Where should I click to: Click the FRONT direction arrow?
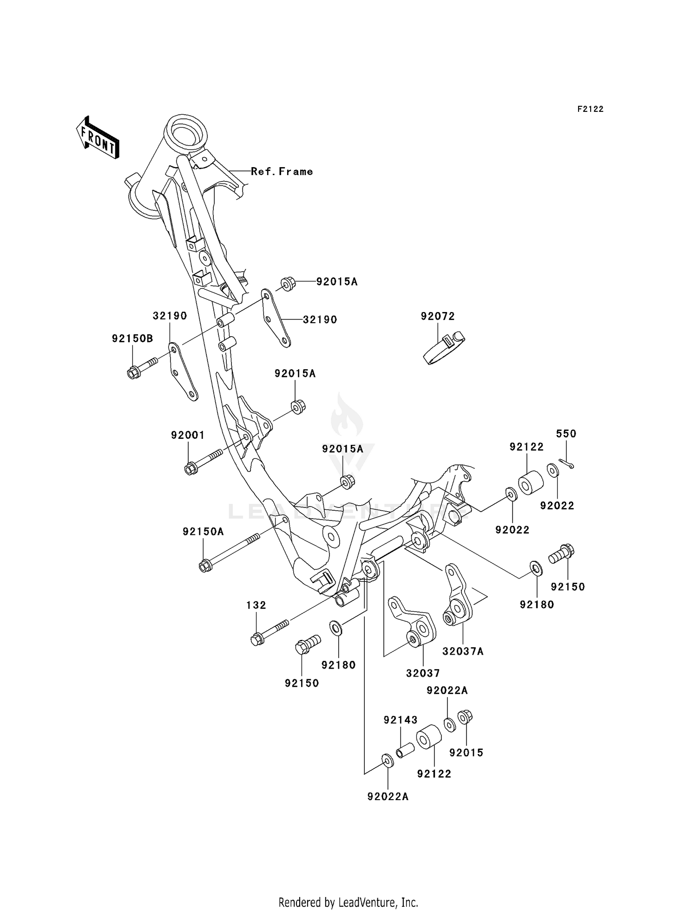pos(98,138)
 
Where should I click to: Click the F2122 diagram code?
pos(590,109)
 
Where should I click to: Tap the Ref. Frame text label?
pos(282,171)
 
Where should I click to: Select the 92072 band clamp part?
pos(444,348)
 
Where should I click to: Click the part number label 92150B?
pos(132,338)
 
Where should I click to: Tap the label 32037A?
pos(463,651)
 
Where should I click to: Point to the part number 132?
pos(256,605)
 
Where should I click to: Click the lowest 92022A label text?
pos(388,796)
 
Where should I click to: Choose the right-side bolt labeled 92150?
pos(561,553)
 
